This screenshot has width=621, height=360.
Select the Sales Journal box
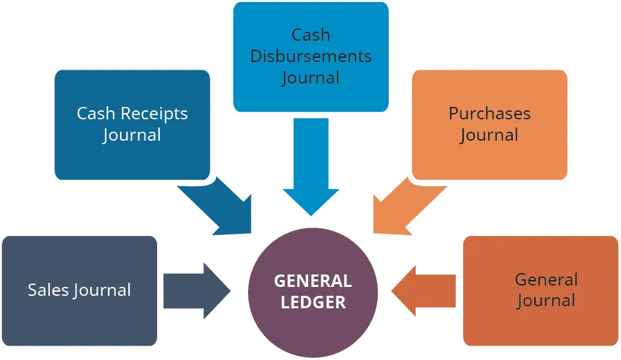[x=79, y=290]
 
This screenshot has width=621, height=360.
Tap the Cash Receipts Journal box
[x=132, y=124]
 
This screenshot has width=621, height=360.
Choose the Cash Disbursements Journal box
[x=310, y=57]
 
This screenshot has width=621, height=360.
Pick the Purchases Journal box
[x=489, y=124]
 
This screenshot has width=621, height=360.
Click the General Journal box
[x=540, y=290]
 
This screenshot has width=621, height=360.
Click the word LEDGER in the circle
[x=313, y=302]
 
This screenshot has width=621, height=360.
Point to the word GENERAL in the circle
[x=313, y=281]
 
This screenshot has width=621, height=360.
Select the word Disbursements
[x=311, y=56]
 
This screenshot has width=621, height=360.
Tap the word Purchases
[x=489, y=113]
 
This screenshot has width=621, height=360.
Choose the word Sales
[x=48, y=290]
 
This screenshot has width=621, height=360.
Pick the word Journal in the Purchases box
[x=489, y=135]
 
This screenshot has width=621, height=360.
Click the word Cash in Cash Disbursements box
[x=311, y=34]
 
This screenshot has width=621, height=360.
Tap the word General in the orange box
[x=546, y=279]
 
